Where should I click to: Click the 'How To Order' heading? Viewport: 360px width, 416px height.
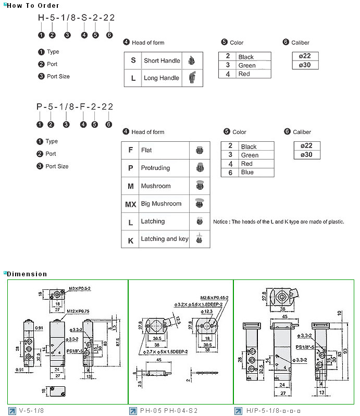click(30, 5)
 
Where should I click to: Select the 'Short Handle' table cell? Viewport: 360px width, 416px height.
click(162, 60)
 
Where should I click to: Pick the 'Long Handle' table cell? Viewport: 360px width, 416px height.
click(162, 78)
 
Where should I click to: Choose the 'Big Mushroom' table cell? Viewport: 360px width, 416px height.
click(161, 204)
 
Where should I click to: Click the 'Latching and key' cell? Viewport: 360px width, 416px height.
click(165, 239)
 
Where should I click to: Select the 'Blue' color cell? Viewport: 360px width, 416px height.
click(247, 172)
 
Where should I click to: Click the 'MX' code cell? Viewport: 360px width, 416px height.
click(130, 204)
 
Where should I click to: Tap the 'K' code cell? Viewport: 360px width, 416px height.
click(130, 240)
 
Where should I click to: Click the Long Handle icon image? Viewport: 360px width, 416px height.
click(192, 78)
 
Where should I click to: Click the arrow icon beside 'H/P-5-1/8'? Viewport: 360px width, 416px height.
click(238, 410)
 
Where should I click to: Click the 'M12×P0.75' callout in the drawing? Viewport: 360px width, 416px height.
click(79, 311)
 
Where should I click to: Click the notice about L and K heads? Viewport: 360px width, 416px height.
click(279, 222)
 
